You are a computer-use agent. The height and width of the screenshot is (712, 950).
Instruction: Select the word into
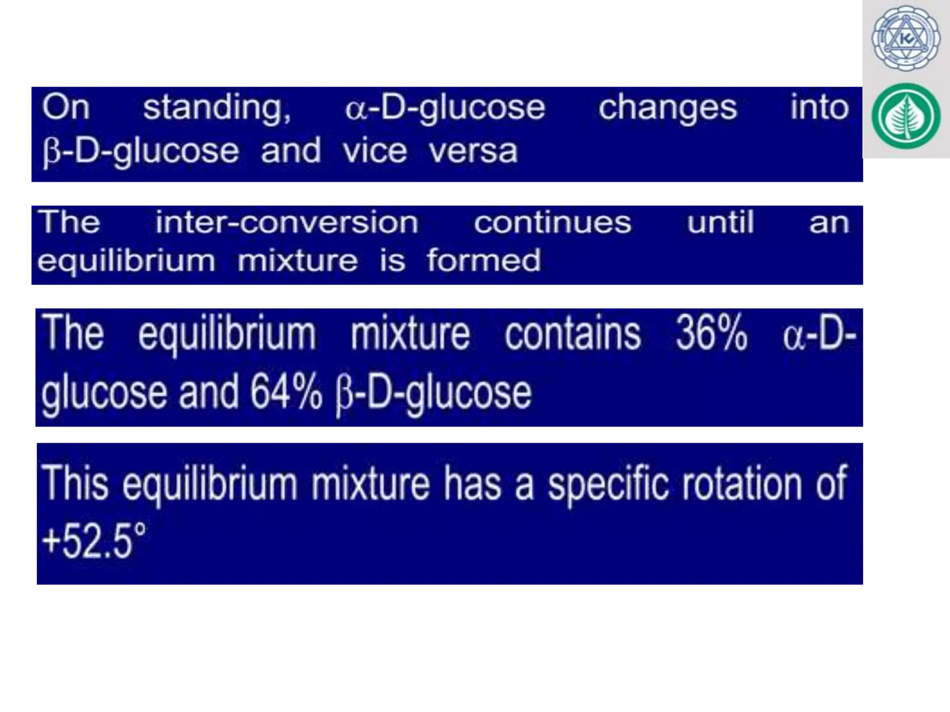point(819,108)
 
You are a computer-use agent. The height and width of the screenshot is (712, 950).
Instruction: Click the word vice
point(375,151)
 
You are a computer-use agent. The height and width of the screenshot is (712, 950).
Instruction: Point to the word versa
point(473,151)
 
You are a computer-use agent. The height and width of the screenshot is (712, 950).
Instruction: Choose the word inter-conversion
point(287,222)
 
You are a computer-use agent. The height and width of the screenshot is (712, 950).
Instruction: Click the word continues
point(552,222)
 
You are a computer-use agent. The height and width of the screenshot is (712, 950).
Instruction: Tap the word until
point(720,222)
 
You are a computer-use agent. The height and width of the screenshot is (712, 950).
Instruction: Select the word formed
point(484,261)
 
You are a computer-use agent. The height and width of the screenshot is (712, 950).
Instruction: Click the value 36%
point(711,333)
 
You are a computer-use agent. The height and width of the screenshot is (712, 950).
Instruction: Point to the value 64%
point(286,393)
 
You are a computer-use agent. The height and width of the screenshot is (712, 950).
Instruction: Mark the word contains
point(572,333)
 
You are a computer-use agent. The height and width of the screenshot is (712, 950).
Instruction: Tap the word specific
point(608,485)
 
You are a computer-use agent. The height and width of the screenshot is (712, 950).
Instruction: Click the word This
point(75,484)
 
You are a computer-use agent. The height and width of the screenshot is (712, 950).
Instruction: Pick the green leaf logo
point(905,116)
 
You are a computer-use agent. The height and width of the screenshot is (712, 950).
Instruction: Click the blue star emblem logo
point(905,38)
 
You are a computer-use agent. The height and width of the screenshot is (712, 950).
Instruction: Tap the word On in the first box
point(65,108)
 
